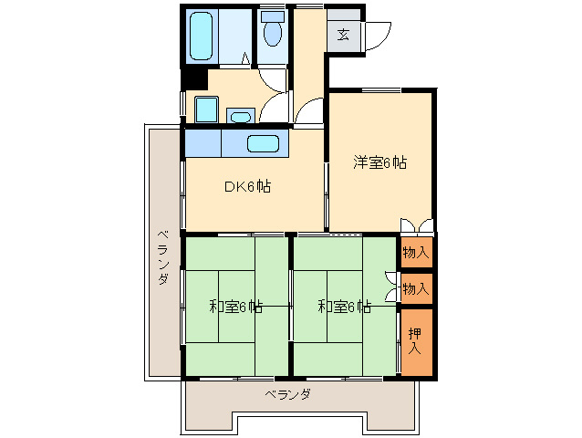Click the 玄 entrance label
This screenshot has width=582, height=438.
pos(343,35)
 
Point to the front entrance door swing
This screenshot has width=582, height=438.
pos(378,34)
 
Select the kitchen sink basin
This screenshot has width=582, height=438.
pos(263,143)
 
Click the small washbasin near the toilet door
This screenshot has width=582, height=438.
pos(241,116)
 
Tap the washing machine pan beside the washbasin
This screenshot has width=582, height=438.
pos(207,110)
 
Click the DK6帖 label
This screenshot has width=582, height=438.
pos(247,186)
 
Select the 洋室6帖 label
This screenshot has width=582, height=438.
pos(380,163)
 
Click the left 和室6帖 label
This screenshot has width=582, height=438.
pos(235,307)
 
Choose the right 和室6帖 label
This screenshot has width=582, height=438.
pos(344,307)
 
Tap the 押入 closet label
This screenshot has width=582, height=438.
pos(415,340)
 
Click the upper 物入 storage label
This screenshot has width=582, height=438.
pos(415,251)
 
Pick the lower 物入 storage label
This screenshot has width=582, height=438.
pos(415,288)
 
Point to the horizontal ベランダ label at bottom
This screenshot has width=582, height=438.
pos(288,395)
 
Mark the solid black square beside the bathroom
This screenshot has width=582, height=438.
pos(192,78)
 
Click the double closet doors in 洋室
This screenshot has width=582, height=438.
pos(415,224)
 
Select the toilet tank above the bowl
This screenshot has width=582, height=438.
pos(272,16)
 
